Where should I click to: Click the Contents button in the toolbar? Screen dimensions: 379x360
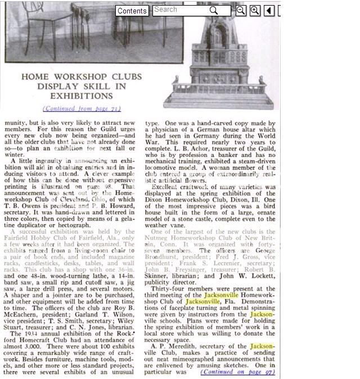(x=132, y=11)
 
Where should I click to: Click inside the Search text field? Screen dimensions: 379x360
(x=180, y=10)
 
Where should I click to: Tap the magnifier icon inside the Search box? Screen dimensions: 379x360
(x=214, y=11)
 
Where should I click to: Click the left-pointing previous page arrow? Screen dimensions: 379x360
(x=269, y=11)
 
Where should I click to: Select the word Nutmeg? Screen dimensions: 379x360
(x=159, y=238)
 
